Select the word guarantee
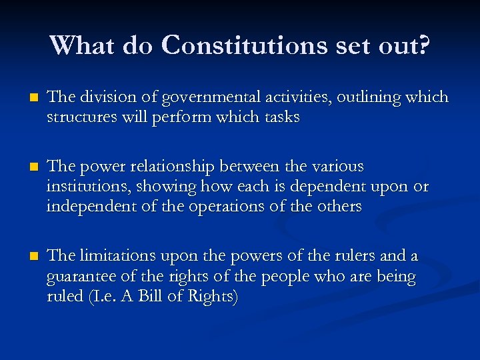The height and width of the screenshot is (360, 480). tap(79, 276)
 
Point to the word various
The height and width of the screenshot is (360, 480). tap(340, 165)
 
